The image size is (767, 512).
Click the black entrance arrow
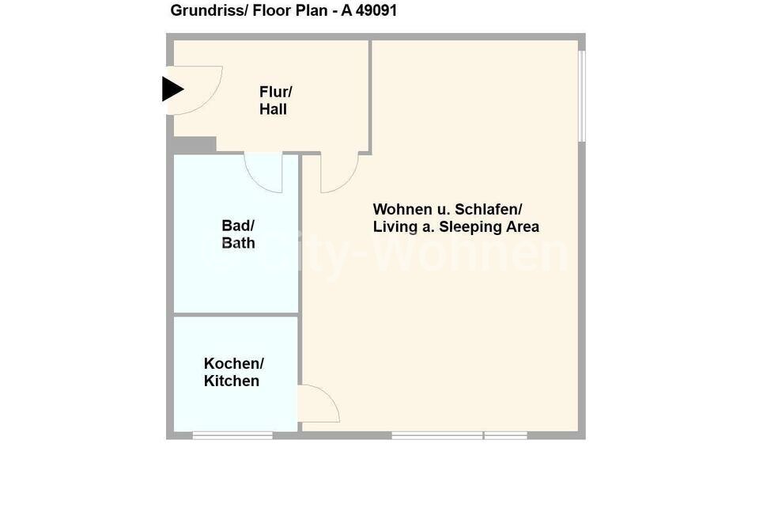pyautogui.click(x=172, y=89)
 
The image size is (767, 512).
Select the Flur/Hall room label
pyautogui.click(x=275, y=101)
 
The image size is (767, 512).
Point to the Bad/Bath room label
pyautogui.click(x=238, y=234)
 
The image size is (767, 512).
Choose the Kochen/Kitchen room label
pyautogui.click(x=234, y=372)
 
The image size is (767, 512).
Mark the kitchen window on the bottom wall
pyautogui.click(x=232, y=435)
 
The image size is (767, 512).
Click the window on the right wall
pyautogui.click(x=582, y=96)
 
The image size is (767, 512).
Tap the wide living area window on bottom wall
pyautogui.click(x=437, y=435)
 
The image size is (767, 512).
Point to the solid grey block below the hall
pyautogui.click(x=195, y=146)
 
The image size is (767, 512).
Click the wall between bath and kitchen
pyautogui.click(x=236, y=314)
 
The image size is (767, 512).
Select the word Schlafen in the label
pyautogui.click(x=488, y=209)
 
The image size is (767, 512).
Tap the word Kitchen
pyautogui.click(x=232, y=381)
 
